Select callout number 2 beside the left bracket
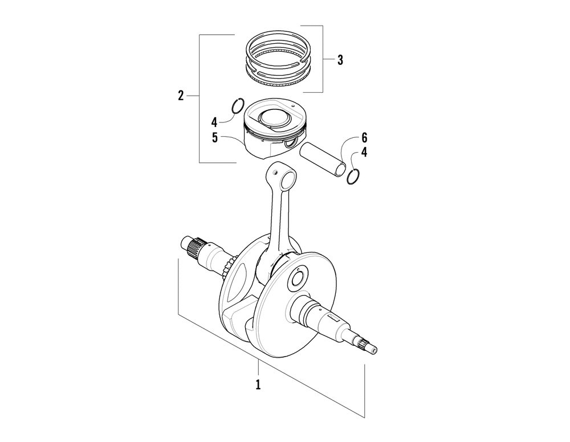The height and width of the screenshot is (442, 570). pos(181,95)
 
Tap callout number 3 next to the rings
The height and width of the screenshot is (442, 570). pos(340,60)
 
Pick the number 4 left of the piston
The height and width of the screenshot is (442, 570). pos(214,121)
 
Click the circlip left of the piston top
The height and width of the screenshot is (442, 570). pos(238,106)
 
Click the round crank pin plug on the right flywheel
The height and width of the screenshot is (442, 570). pos(299,279)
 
